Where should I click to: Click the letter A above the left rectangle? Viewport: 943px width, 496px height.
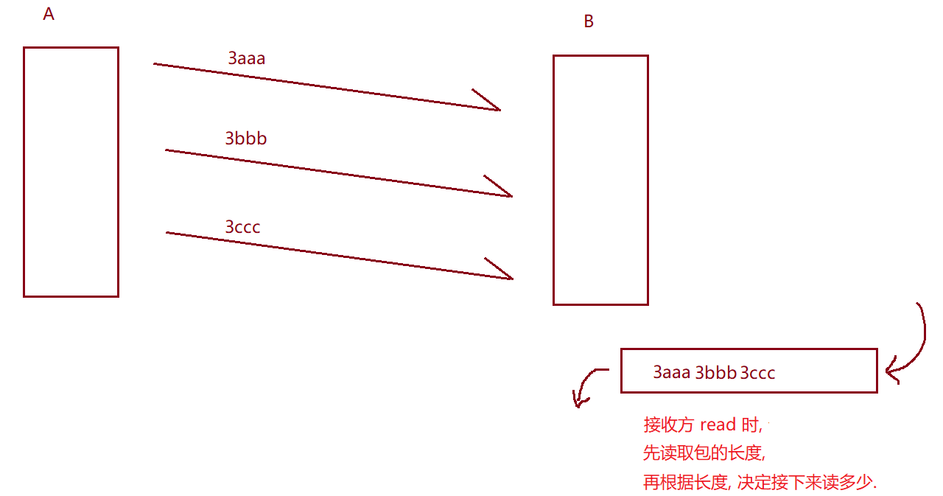point(49,14)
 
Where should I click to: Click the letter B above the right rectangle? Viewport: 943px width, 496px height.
point(589,21)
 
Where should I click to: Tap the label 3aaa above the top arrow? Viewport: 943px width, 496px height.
point(246,58)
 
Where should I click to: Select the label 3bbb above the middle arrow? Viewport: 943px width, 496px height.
point(245,138)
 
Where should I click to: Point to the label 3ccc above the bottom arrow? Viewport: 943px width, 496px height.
point(242,226)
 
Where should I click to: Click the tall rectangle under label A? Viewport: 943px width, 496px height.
point(71,172)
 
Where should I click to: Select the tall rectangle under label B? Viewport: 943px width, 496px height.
point(600,179)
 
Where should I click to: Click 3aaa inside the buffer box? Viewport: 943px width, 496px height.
point(672,372)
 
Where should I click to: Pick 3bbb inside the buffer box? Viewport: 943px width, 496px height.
point(716,372)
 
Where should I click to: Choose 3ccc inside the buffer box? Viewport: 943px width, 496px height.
point(757,372)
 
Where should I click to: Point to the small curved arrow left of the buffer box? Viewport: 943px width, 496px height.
point(587,387)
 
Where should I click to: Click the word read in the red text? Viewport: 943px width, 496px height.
point(718,425)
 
